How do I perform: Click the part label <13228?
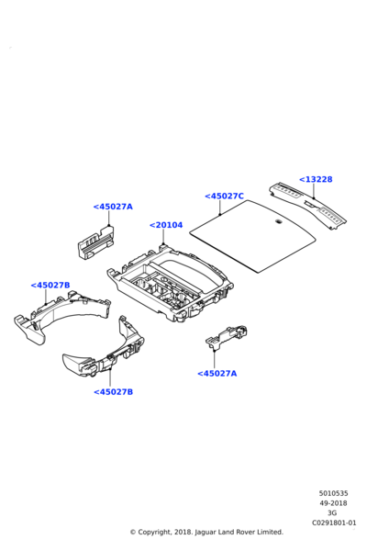click(316, 179)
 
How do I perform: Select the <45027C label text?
click(224, 197)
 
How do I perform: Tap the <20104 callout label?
click(166, 225)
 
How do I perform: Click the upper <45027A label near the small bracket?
click(113, 207)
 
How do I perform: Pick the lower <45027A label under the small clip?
click(217, 373)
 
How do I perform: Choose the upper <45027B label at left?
click(50, 285)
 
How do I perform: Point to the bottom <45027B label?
click(114, 392)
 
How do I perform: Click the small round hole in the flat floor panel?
click(279, 221)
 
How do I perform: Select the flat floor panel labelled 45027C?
click(253, 236)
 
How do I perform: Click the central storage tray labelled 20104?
click(171, 283)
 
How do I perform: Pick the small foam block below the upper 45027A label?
click(95, 242)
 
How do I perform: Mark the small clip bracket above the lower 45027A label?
click(227, 337)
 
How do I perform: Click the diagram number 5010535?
click(334, 493)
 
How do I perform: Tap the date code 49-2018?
click(333, 503)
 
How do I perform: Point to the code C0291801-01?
click(334, 523)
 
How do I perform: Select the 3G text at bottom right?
click(331, 513)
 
